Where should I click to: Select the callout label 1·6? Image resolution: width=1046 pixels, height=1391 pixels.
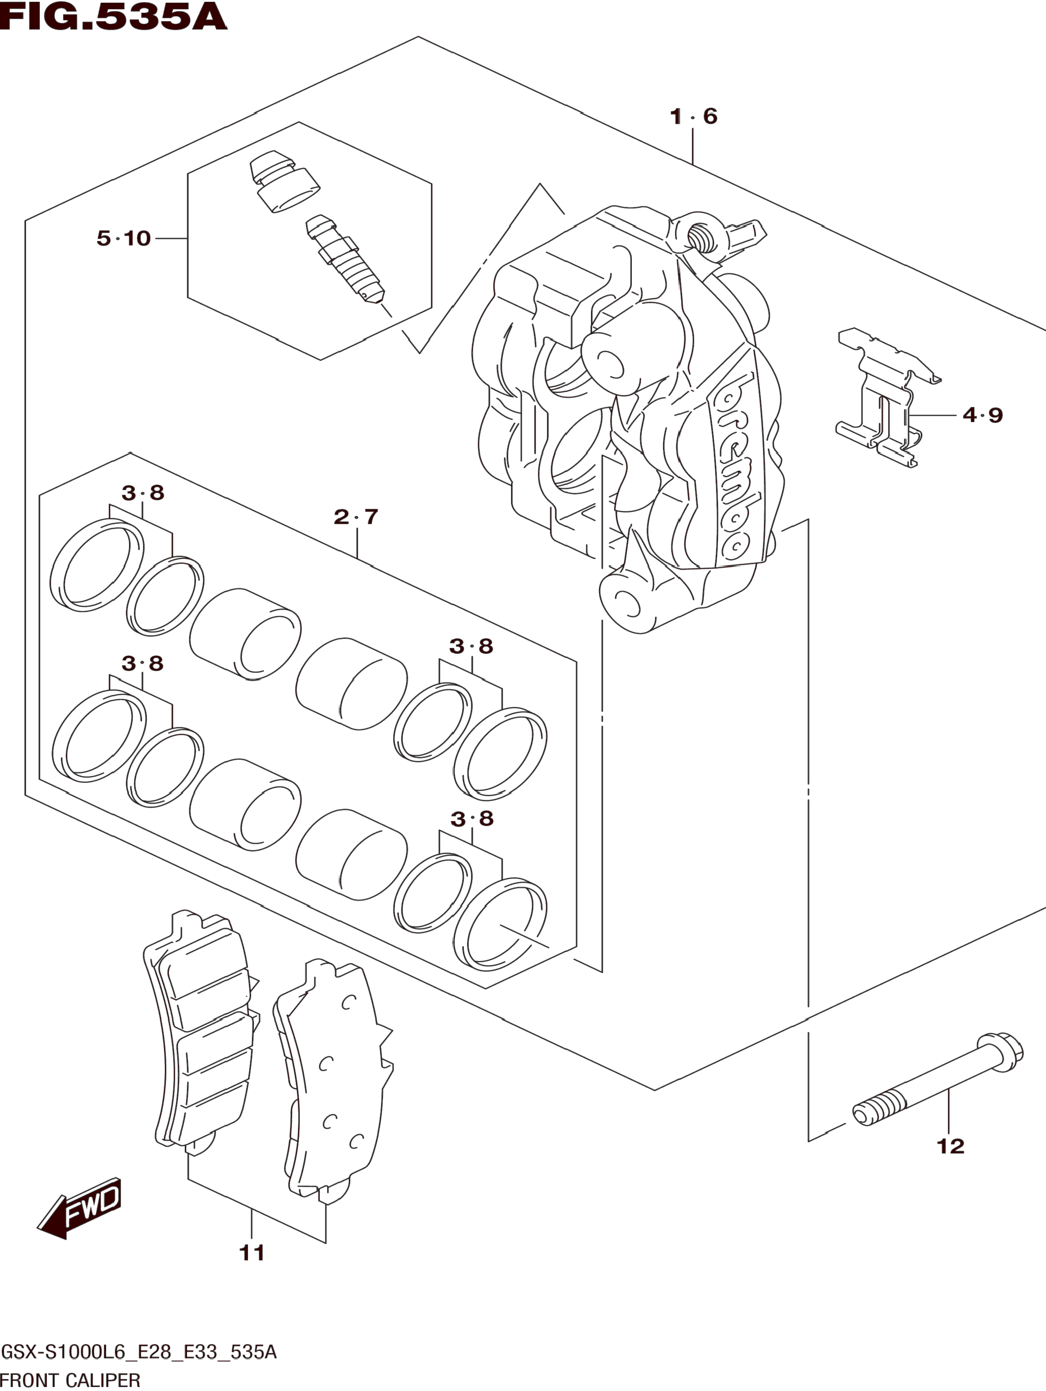(693, 116)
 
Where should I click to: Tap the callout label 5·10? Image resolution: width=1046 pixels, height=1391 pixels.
(124, 238)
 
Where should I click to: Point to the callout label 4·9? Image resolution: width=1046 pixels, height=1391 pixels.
(982, 415)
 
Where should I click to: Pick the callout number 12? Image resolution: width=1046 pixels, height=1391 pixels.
(950, 1146)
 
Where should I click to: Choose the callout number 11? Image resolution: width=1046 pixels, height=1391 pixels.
(252, 1253)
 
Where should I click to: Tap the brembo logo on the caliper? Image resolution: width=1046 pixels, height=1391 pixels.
(736, 465)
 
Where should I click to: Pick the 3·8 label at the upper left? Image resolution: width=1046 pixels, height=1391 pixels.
(143, 493)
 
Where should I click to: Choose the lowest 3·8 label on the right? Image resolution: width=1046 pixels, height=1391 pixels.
(472, 819)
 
